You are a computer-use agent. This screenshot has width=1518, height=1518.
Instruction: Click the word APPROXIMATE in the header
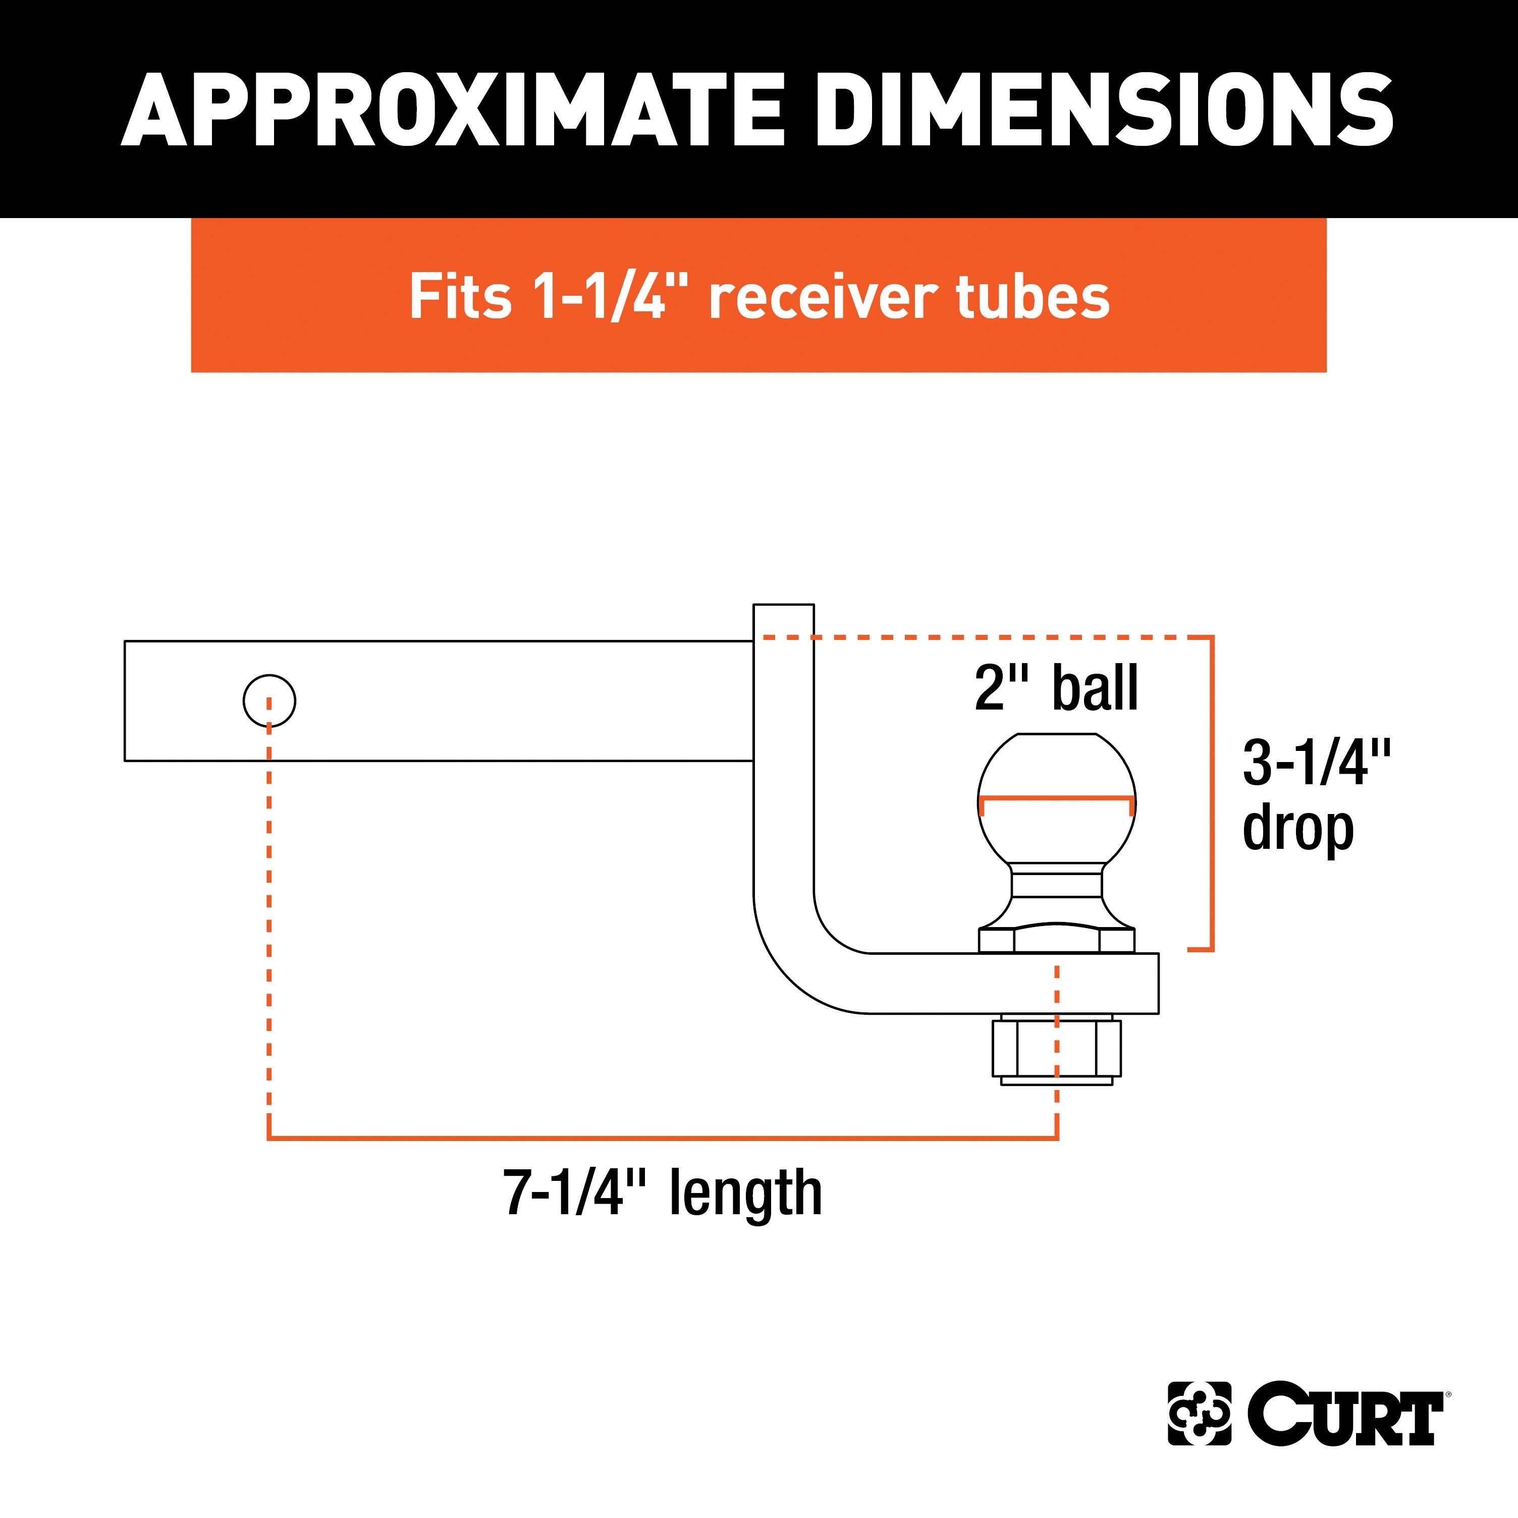click(453, 110)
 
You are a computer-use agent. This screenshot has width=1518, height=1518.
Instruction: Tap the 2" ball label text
click(1057, 688)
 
